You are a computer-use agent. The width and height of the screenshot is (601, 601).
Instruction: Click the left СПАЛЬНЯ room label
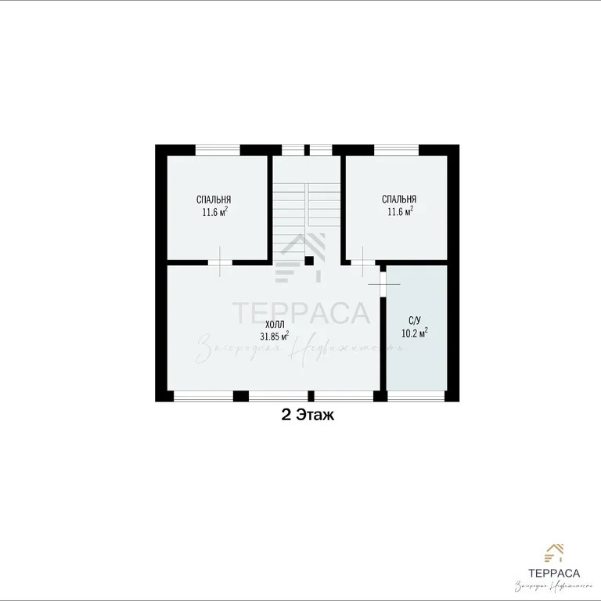214,200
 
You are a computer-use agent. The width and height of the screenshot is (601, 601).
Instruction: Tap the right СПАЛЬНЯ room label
399,199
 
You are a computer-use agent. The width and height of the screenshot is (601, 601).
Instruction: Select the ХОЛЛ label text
275,324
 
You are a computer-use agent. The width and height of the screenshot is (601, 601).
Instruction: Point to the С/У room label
415,320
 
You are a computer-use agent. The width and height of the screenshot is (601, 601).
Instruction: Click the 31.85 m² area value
275,336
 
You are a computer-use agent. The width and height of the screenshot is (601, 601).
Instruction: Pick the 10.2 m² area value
415,333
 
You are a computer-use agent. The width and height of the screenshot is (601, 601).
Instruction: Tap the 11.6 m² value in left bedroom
214,211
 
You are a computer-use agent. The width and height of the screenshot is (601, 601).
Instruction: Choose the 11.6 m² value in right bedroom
399,211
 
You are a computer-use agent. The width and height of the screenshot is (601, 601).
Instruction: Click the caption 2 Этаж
308,416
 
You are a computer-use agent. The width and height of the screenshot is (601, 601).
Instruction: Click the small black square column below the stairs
309,261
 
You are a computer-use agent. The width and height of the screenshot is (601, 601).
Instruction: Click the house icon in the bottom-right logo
556,554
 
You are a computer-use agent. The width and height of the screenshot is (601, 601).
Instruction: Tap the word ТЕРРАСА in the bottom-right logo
556,570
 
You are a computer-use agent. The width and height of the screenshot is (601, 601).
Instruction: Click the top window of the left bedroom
218,149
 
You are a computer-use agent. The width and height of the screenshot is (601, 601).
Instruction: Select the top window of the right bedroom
397,149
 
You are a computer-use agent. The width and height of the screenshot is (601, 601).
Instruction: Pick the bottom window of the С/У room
416,395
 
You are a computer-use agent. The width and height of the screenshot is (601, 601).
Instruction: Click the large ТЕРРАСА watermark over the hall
301,313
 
